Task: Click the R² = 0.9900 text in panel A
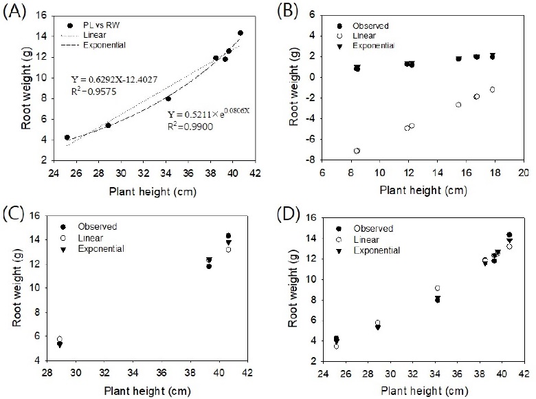tap(188, 127)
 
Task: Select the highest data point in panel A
tap(241, 33)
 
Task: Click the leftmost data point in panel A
tap(67, 138)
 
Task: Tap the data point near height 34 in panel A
tap(168, 98)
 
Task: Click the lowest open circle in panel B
tap(357, 151)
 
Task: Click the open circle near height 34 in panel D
tap(438, 288)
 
